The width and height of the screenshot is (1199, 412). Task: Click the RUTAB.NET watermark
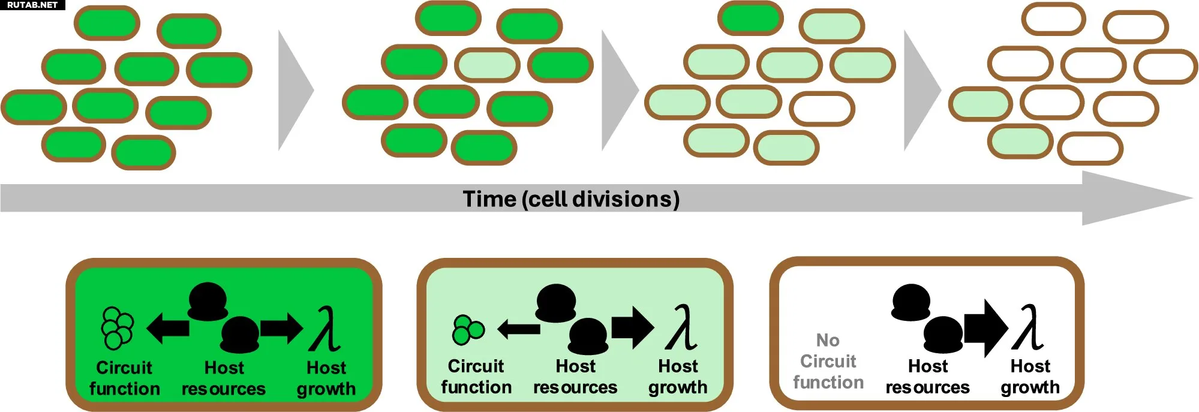[x=32, y=5]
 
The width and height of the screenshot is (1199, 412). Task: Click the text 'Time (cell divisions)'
[x=571, y=199]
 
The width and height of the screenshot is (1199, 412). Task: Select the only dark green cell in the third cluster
[x=750, y=18]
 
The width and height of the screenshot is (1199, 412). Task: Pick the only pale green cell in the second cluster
[x=487, y=65]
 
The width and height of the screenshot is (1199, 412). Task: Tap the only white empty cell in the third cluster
[x=822, y=109]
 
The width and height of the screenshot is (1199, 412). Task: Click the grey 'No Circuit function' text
[x=828, y=361]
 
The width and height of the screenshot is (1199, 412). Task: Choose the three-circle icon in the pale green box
[x=467, y=329]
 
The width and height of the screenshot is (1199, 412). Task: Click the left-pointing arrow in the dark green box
[x=168, y=328]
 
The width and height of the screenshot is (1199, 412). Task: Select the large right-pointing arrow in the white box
[x=986, y=328]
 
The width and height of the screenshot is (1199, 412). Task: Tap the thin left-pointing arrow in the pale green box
[x=518, y=329]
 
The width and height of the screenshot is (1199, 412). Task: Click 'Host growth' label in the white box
[x=1030, y=377]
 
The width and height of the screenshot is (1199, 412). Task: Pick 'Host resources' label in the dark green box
[x=224, y=378]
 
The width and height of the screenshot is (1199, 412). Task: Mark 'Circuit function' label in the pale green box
[x=476, y=377]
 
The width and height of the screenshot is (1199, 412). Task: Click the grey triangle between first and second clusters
[x=294, y=91]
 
